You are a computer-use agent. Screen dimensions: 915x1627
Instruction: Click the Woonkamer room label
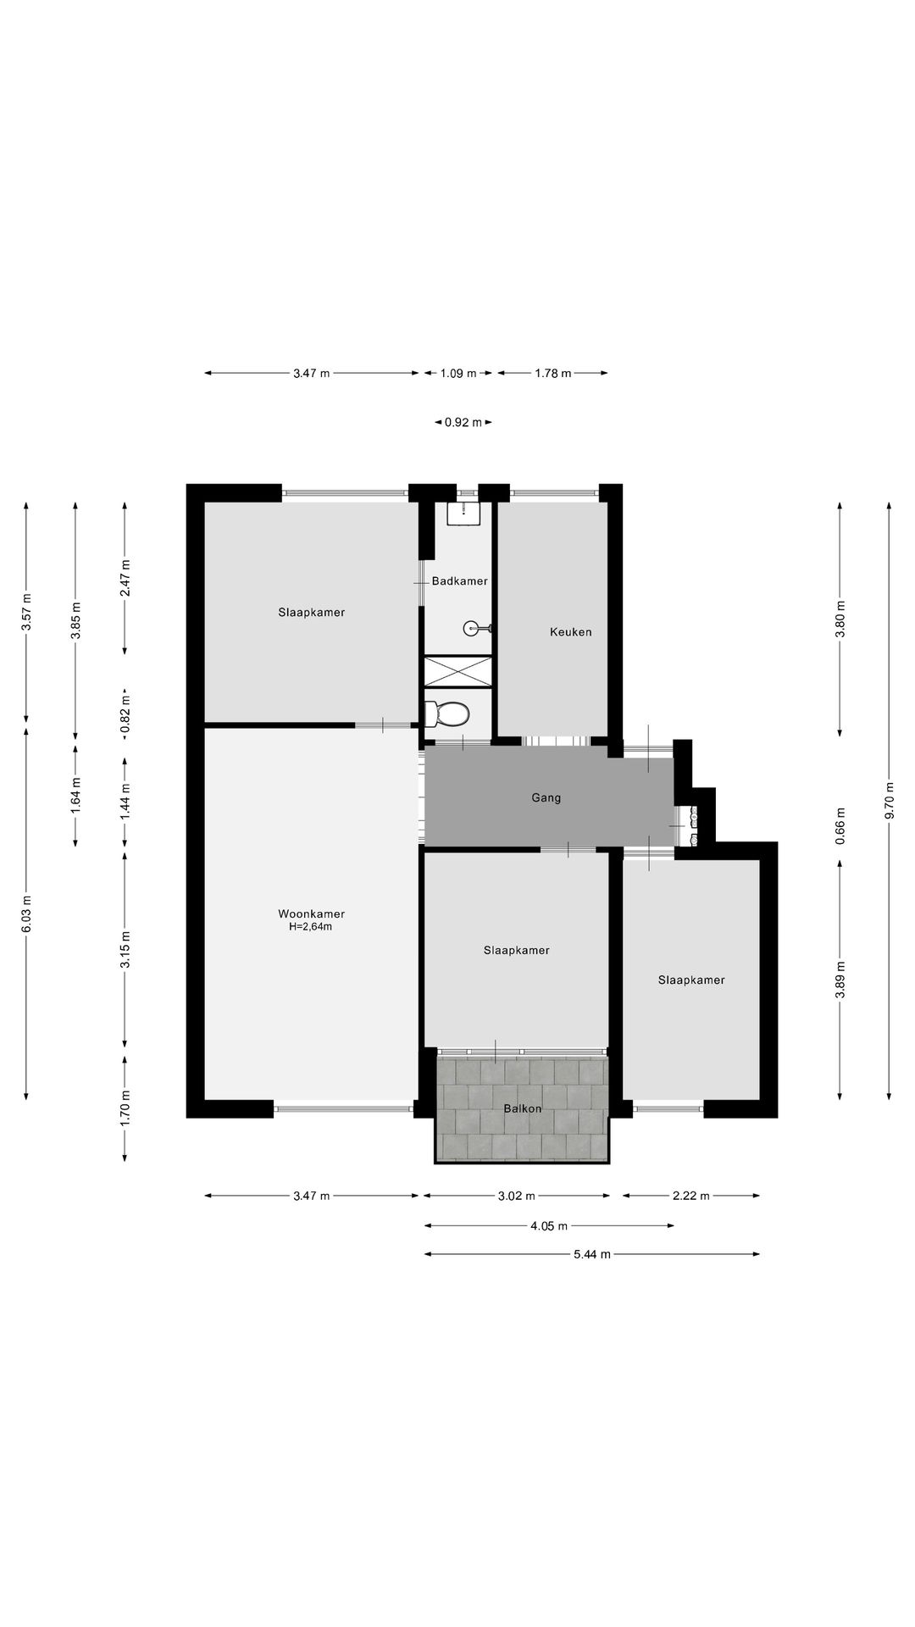(x=311, y=913)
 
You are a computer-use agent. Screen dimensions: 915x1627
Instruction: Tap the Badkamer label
(x=459, y=581)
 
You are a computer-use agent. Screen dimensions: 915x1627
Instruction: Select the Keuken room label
(x=570, y=632)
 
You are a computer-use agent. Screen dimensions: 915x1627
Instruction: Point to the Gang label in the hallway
(x=546, y=797)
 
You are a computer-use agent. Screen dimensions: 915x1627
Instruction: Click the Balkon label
(x=522, y=1108)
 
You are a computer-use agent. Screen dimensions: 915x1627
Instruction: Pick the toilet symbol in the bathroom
(x=447, y=714)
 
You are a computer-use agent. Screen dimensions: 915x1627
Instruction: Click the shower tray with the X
(x=457, y=670)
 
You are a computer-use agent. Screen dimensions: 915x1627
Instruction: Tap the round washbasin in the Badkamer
(x=473, y=629)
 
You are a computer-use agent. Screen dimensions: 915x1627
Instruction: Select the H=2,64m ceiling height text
(x=311, y=926)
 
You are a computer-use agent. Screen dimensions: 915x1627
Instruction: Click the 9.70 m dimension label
(x=889, y=800)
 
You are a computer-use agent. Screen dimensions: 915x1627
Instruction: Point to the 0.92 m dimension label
(x=463, y=422)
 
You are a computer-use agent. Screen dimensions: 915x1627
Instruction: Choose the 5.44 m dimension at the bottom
(x=592, y=1254)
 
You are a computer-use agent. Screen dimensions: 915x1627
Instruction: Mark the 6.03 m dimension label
(x=26, y=914)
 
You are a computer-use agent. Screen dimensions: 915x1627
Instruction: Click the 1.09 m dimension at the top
(x=458, y=373)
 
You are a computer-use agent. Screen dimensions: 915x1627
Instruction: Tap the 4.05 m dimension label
(x=549, y=1225)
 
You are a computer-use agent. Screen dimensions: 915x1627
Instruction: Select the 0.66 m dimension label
(x=840, y=824)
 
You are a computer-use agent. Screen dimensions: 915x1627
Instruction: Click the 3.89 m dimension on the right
(x=840, y=980)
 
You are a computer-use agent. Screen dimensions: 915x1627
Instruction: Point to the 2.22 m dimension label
(x=690, y=1196)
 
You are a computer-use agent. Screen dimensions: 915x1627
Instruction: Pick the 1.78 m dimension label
(x=552, y=373)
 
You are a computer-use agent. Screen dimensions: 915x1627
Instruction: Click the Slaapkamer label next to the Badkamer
(x=312, y=612)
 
